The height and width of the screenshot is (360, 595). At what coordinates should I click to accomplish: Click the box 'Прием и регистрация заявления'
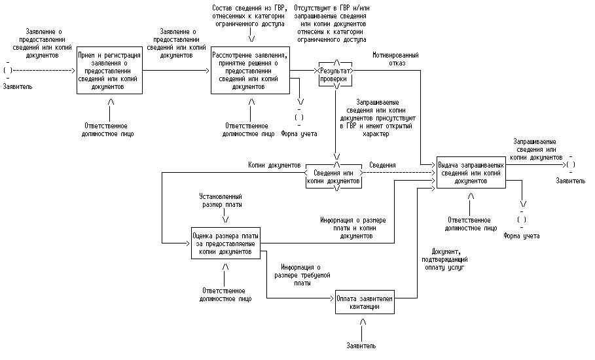tap(110, 70)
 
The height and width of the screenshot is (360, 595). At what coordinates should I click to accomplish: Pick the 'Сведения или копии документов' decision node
tap(334, 176)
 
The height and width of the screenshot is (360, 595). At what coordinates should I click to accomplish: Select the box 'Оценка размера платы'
tap(226, 243)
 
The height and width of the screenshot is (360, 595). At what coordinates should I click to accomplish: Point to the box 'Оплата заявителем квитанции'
tap(365, 301)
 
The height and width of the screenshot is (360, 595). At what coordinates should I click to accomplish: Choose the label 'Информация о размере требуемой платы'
tap(302, 275)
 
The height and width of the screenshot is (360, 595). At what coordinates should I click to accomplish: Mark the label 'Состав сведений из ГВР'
tap(249, 15)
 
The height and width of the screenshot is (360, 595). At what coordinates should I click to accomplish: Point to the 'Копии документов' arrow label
tap(274, 166)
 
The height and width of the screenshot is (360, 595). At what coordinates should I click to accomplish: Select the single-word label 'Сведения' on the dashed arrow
tap(383, 166)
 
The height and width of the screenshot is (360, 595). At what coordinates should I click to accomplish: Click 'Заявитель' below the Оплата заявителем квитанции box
tap(361, 345)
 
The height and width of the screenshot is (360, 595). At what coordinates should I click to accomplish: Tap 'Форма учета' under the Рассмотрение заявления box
tap(299, 134)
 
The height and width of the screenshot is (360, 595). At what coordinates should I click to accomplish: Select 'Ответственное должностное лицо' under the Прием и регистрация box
tap(110, 129)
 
